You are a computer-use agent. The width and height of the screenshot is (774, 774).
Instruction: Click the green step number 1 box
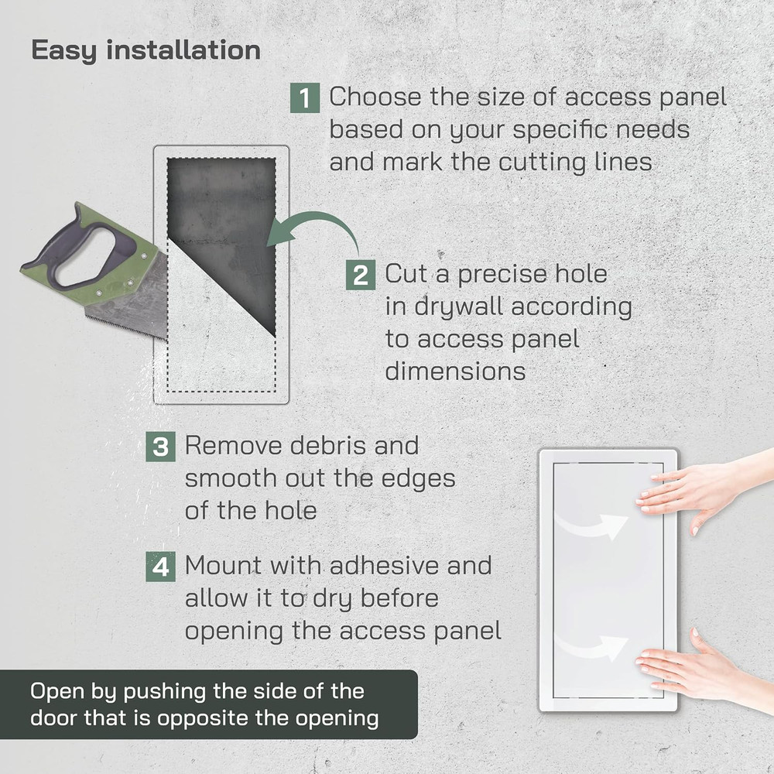[x=304, y=98]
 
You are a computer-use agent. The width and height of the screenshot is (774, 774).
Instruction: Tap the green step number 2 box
[x=361, y=275]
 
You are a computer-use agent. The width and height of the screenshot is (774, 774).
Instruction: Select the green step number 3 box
[x=160, y=447]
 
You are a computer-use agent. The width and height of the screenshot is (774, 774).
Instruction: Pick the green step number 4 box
[x=160, y=567]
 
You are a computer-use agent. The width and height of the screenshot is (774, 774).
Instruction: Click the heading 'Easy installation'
[x=146, y=50]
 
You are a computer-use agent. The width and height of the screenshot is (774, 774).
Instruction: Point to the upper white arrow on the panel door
[x=591, y=526]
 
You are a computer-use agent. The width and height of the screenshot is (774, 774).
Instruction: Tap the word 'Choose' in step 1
[x=375, y=97]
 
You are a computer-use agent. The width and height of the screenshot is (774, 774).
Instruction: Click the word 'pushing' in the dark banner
[x=163, y=692]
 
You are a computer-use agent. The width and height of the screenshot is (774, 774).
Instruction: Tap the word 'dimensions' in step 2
[x=455, y=372]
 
